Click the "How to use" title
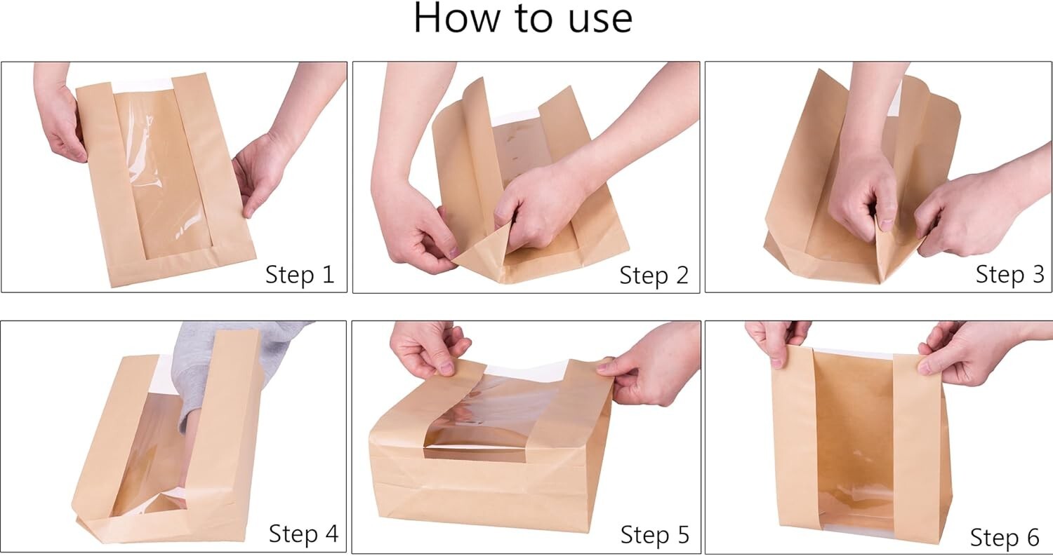(x=523, y=19)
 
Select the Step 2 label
(x=653, y=275)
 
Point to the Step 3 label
(x=1009, y=274)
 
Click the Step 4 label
(x=303, y=534)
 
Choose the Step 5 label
(x=654, y=534)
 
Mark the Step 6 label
(x=1004, y=537)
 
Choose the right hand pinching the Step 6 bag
(x=962, y=351)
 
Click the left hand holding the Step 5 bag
(x=428, y=347)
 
